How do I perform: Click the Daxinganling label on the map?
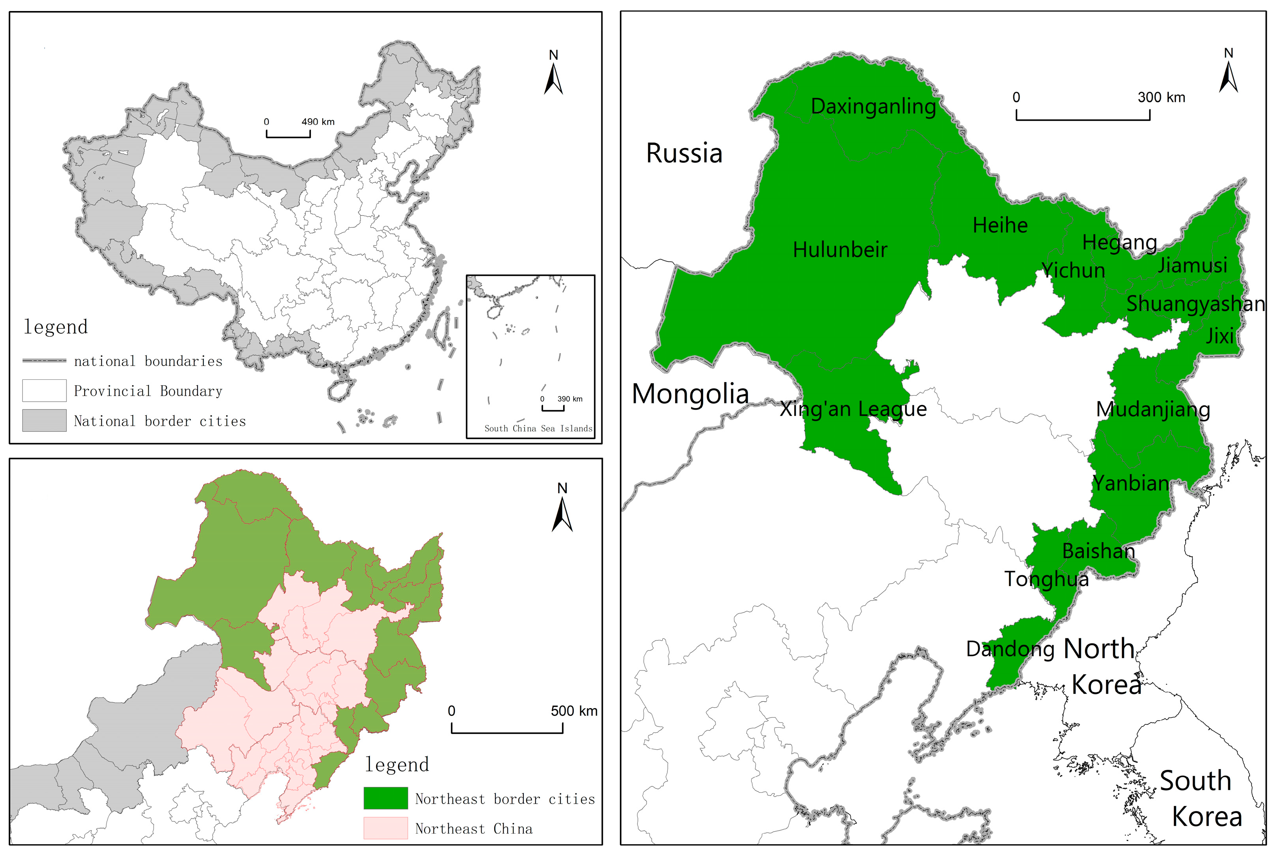873,106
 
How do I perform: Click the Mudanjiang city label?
1152,409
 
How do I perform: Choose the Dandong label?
1010,649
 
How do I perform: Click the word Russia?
684,153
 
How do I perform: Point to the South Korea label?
1201,799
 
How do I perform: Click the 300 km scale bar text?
1161,98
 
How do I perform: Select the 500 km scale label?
574,711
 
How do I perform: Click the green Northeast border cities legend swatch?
385,798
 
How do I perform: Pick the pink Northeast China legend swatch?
385,828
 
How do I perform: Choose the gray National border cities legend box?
44,421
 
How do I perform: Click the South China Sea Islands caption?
538,429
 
